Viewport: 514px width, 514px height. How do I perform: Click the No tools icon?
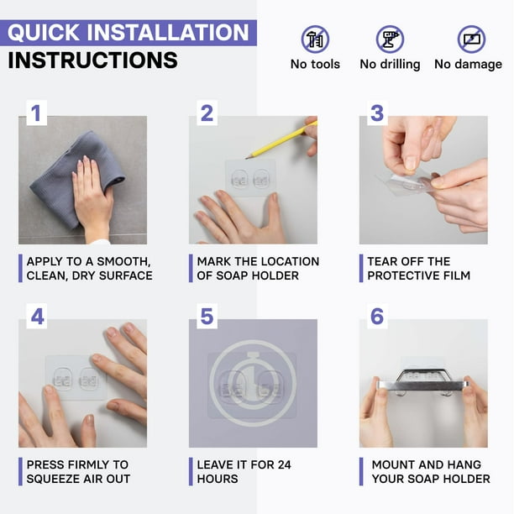315,39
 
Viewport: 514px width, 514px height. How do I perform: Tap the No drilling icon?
390,39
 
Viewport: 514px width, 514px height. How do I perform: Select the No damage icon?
471,39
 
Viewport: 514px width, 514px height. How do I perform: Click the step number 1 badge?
36,113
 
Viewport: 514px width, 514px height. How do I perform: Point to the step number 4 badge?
36,317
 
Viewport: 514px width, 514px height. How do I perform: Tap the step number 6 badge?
377,317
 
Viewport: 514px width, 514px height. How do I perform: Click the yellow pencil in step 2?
281,140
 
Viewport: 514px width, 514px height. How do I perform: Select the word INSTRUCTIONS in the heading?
92,60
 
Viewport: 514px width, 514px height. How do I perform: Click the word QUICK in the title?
44,33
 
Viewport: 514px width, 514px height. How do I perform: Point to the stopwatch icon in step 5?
253,383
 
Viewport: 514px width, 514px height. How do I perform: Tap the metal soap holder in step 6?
422,382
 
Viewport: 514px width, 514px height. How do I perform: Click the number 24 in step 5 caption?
284,464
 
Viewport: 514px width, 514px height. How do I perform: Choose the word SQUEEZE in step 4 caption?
53,479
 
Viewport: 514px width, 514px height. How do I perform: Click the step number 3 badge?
377,113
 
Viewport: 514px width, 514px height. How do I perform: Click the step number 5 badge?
207,317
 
